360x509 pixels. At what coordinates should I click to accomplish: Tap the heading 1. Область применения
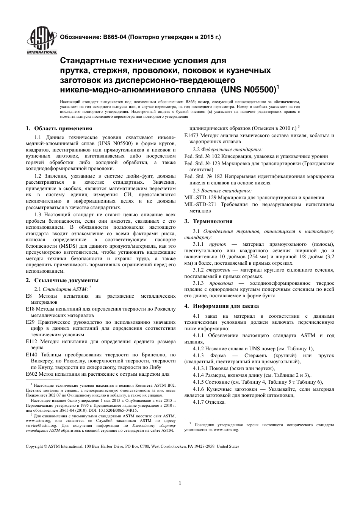(x=59, y=128)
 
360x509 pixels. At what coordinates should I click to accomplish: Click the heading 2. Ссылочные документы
(x=62, y=280)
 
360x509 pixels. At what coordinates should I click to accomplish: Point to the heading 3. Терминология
(x=208, y=221)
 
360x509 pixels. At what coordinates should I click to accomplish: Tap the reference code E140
(x=31, y=355)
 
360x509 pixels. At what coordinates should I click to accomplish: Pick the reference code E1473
(x=192, y=135)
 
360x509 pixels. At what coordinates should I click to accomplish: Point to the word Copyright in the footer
(x=34, y=446)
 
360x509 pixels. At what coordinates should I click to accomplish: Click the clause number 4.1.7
(x=198, y=402)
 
